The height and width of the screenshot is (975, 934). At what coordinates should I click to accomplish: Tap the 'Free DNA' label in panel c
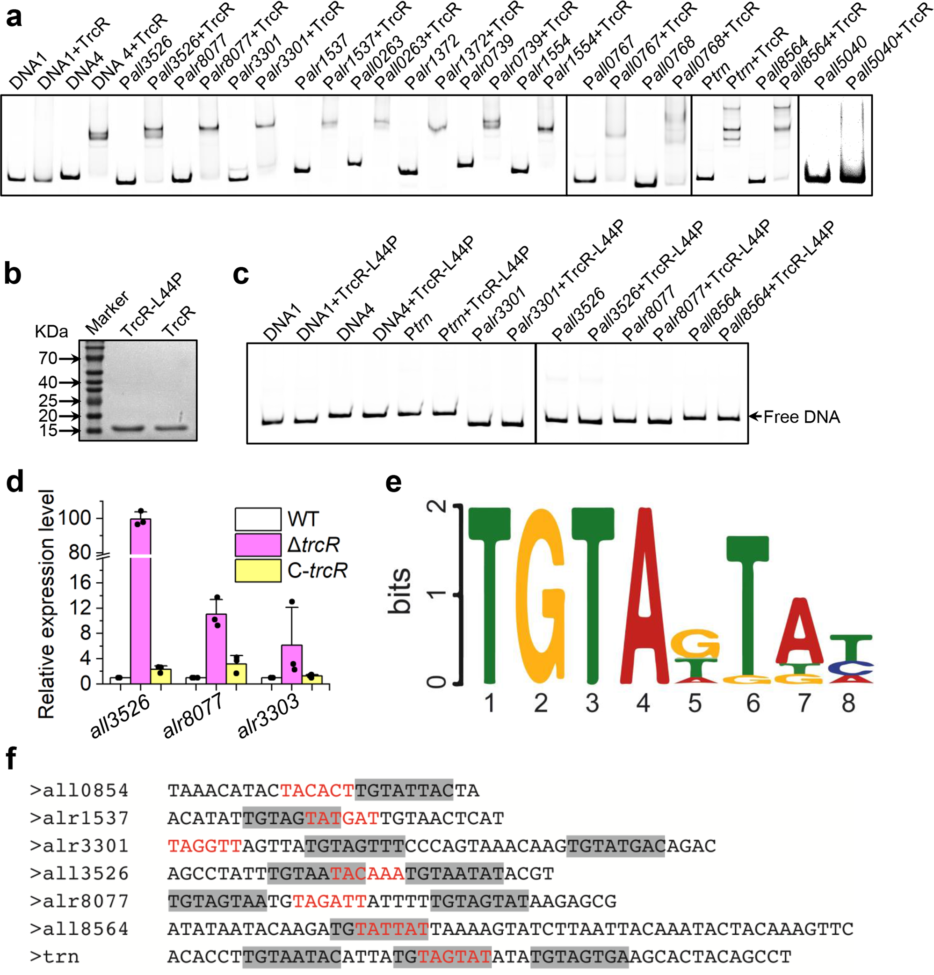(x=801, y=417)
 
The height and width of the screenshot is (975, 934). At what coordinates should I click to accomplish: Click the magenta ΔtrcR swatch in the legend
(x=258, y=545)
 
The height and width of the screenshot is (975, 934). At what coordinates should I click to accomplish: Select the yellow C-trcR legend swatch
(x=258, y=571)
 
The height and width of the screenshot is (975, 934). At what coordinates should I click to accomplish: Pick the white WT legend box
(x=258, y=519)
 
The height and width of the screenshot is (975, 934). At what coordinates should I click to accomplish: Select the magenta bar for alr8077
(x=216, y=649)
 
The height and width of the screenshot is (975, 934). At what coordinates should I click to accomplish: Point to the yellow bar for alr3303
(x=312, y=680)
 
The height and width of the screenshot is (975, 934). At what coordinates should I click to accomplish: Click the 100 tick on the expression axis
(x=74, y=518)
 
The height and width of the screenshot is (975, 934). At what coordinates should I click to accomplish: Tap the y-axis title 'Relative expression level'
(x=46, y=604)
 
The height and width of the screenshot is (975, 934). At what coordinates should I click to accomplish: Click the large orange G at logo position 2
(x=541, y=596)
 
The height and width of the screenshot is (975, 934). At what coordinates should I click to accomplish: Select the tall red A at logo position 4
(x=644, y=596)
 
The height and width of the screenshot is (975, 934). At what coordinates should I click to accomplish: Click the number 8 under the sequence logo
(x=848, y=703)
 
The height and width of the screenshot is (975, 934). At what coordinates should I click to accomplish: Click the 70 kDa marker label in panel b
(x=48, y=358)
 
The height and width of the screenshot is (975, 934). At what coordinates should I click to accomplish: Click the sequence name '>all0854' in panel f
(x=79, y=791)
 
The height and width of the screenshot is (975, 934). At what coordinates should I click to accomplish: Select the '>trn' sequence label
(x=55, y=957)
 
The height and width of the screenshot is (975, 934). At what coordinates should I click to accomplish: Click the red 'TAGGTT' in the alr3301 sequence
(x=204, y=846)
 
